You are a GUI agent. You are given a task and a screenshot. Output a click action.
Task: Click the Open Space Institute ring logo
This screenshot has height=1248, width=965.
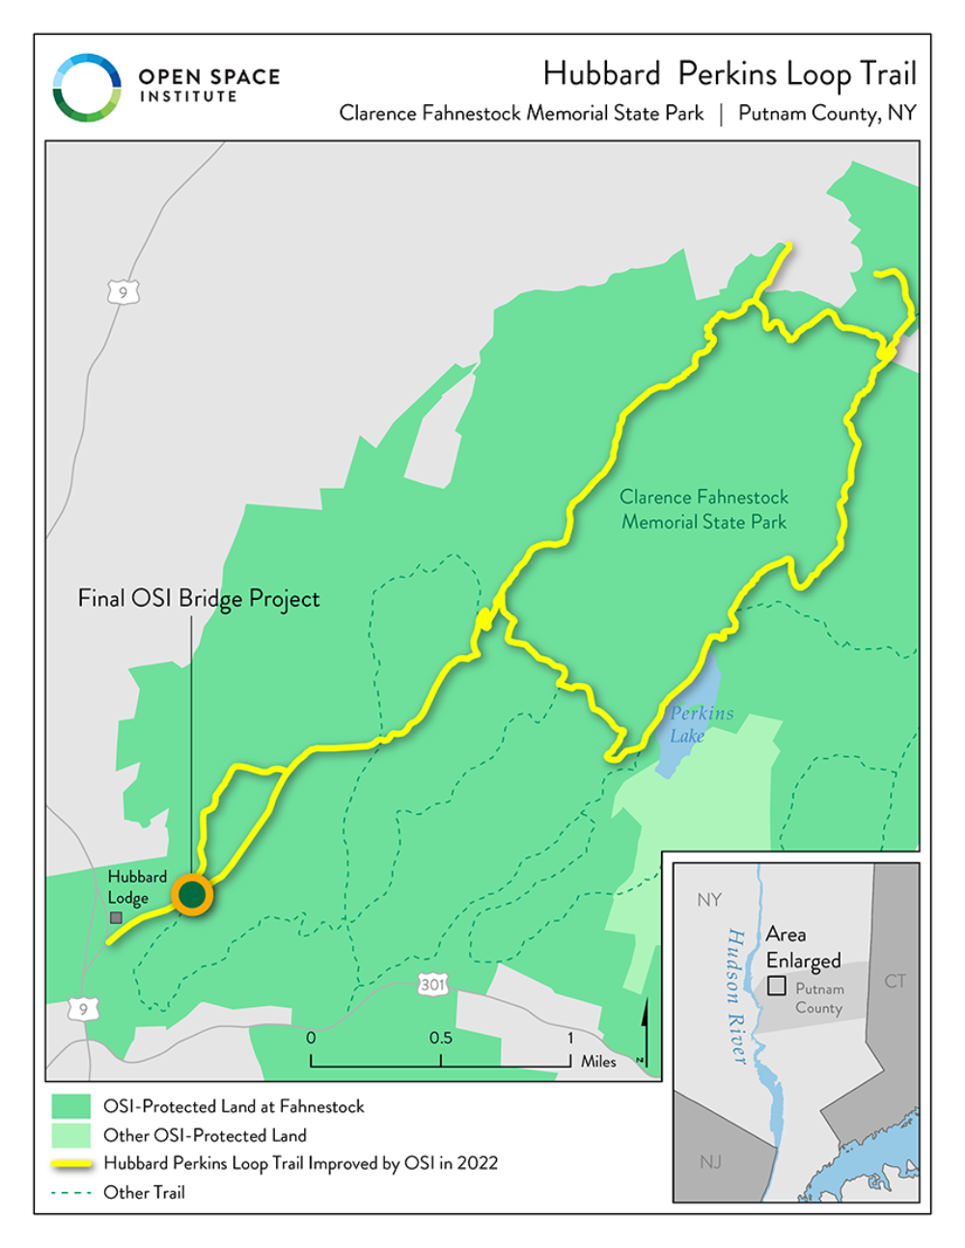click(x=87, y=88)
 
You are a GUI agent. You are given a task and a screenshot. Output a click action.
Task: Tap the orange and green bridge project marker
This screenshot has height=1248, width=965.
click(x=192, y=895)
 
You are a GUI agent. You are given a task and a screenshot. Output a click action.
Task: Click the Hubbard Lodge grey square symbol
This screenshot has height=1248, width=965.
click(x=116, y=918)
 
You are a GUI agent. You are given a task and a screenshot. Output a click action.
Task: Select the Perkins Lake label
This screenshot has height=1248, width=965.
click(x=701, y=724)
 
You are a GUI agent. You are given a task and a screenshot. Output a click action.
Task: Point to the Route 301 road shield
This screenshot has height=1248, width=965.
click(x=433, y=985)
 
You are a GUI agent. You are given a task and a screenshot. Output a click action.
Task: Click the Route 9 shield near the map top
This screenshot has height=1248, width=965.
click(x=124, y=292)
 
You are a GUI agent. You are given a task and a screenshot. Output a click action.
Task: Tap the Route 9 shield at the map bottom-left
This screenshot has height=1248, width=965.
click(x=83, y=1010)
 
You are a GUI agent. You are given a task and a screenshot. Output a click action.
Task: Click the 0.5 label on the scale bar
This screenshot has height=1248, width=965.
click(x=440, y=1038)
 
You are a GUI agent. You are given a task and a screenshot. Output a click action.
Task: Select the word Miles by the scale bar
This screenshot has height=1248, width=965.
click(x=598, y=1061)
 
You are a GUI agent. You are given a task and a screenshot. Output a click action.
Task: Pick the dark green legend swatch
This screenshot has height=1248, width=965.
click(x=70, y=1106)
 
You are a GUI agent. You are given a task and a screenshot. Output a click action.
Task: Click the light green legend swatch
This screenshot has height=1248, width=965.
click(x=70, y=1135)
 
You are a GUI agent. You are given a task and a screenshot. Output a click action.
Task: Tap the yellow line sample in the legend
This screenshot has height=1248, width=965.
click(x=70, y=1164)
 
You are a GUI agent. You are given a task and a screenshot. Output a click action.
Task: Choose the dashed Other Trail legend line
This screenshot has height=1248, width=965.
click(x=70, y=1193)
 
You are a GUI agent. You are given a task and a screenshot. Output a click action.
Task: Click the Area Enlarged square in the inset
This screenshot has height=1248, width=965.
click(x=776, y=986)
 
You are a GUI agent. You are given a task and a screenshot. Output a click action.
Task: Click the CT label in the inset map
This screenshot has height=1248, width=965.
click(x=895, y=981)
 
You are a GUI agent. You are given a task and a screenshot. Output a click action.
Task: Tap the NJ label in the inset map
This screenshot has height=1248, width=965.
click(x=710, y=1161)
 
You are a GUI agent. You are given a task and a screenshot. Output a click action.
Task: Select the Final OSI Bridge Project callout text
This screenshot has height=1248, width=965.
click(x=199, y=599)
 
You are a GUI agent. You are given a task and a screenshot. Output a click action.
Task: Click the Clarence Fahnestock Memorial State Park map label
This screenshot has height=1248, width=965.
click(x=703, y=509)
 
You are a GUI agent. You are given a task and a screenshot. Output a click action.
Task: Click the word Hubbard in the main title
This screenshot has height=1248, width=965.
click(x=601, y=74)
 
